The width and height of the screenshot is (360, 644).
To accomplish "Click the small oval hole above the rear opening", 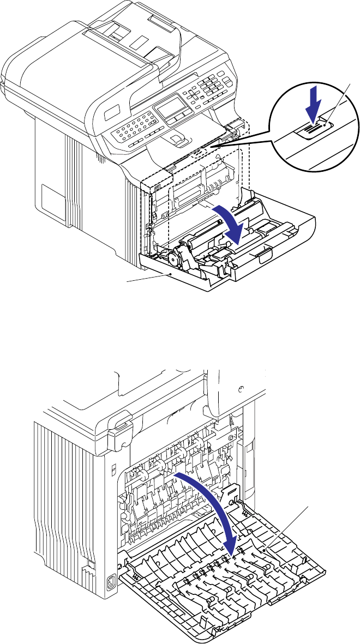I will (240, 388).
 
